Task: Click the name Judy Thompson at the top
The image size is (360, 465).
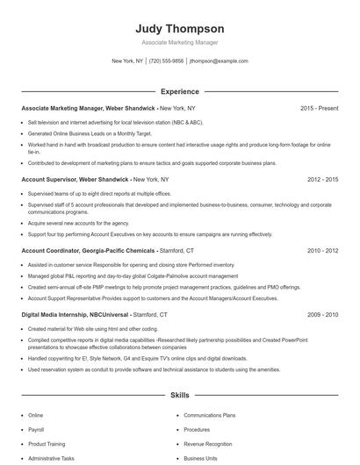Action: [180, 28]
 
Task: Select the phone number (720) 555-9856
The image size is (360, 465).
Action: [166, 61]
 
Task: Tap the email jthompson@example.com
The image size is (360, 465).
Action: [219, 61]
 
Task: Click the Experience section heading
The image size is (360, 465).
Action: [180, 91]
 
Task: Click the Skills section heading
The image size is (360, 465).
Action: [180, 396]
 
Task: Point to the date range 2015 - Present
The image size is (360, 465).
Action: [319, 108]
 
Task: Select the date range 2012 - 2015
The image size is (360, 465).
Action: [322, 179]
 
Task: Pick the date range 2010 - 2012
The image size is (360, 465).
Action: [322, 250]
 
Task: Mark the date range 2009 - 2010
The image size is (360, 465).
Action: [322, 314]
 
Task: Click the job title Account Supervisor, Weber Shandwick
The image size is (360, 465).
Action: [76, 179]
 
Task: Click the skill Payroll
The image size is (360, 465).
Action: [36, 430]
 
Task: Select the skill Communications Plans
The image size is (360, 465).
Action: [209, 415]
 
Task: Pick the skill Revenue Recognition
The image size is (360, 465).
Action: [208, 444]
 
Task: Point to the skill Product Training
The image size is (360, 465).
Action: [47, 444]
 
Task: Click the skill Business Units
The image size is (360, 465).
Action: [200, 458]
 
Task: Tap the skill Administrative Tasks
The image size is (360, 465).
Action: [51, 458]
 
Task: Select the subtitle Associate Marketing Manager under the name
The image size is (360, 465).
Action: [180, 42]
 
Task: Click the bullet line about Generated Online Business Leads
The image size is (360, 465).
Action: [76, 132]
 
